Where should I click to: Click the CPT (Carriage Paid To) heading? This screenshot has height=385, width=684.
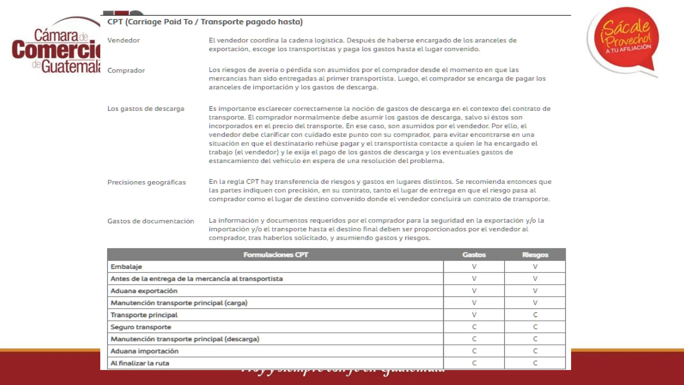point(205,22)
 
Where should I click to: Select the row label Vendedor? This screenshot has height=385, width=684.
point(124,40)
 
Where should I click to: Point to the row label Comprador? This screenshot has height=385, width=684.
point(126,71)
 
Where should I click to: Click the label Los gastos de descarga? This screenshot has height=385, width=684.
point(146,109)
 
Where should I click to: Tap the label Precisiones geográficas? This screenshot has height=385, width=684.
point(146,182)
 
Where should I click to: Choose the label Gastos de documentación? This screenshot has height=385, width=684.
point(151,221)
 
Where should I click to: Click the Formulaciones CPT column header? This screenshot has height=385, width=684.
point(276,255)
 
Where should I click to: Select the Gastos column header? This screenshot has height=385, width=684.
point(474,255)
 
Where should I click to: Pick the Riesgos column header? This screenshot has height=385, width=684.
point(535,255)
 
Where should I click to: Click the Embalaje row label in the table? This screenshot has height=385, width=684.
point(126,267)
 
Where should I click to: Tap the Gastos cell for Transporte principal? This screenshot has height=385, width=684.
point(474,315)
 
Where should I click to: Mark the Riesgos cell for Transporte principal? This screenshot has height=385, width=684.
point(535,315)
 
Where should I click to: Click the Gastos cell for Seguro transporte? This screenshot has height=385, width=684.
point(474,327)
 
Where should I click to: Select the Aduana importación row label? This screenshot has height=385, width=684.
point(144,351)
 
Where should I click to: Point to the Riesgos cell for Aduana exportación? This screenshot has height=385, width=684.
point(535,291)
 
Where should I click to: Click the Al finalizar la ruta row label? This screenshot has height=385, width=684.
point(140,363)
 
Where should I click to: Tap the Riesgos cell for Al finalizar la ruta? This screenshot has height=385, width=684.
point(535,363)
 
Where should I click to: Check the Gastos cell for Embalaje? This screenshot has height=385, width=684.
point(474,267)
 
